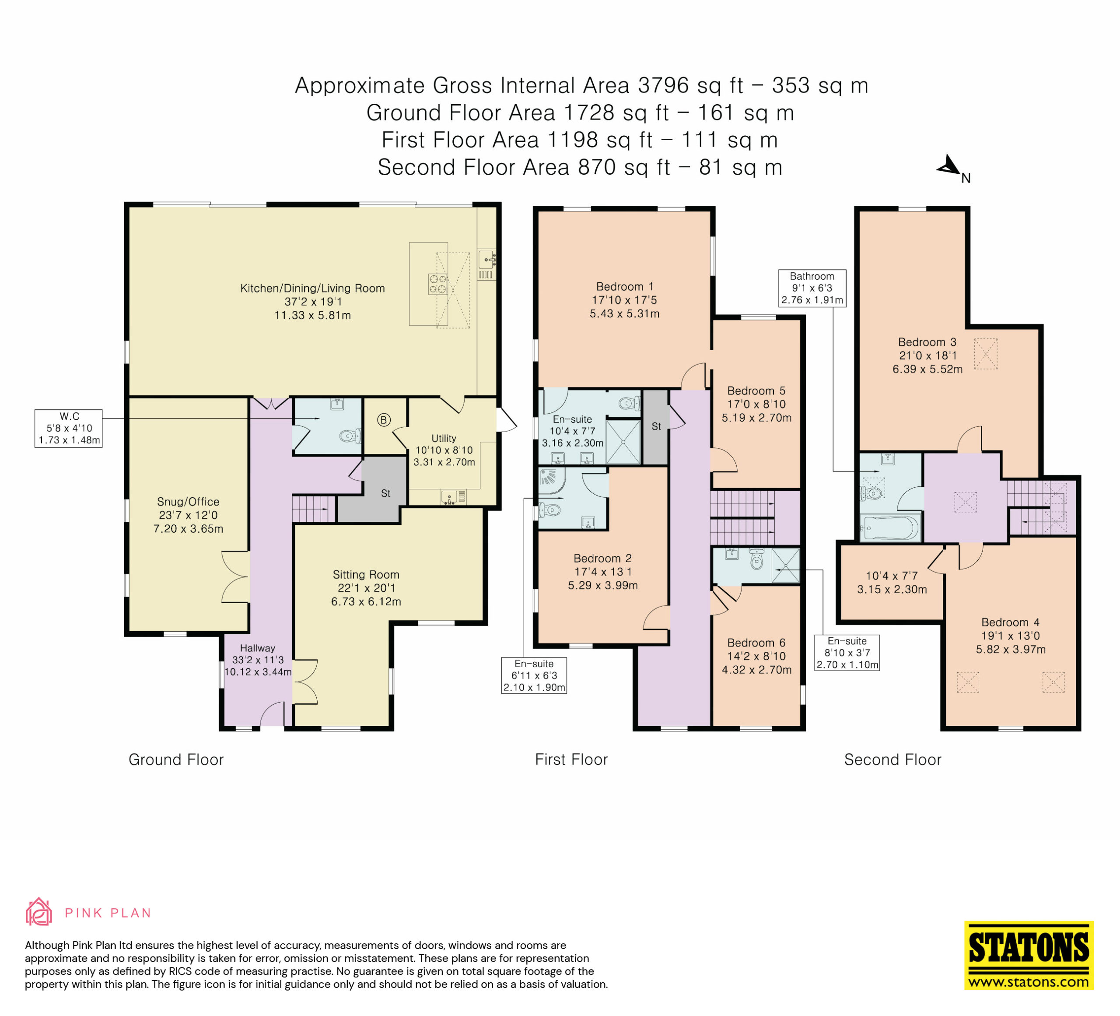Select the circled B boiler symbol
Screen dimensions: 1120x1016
[x=383, y=420]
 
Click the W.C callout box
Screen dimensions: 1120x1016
[x=68, y=428]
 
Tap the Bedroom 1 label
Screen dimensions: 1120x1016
[x=624, y=287]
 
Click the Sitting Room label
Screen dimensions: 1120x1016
[x=366, y=575]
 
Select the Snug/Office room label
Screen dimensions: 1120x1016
[x=188, y=501]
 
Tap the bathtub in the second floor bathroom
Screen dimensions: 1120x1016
[x=890, y=528]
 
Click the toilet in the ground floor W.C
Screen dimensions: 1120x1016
[x=350, y=435]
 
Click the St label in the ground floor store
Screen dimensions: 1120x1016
[x=385, y=493]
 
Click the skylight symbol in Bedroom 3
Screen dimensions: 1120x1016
[x=986, y=354]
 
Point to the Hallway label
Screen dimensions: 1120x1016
[x=257, y=648]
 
